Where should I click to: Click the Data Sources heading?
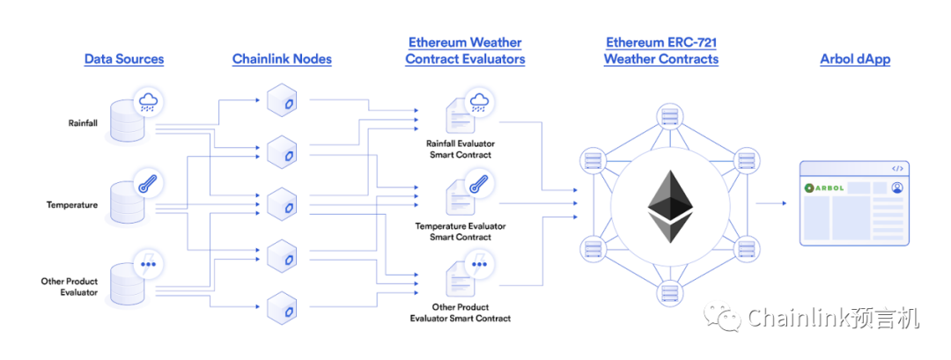pos(124,59)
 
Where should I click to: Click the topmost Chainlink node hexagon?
pos(282,99)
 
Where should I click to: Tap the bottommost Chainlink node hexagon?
pos(282,306)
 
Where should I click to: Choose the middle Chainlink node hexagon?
pos(282,202)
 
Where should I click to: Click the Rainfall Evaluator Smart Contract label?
pos(460,149)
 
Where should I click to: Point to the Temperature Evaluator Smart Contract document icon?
pos(460,196)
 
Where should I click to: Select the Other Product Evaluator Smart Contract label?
pos(460,312)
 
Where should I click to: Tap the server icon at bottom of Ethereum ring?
pos(670,290)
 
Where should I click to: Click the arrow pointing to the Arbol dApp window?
pos(771,203)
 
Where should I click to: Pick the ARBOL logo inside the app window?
pos(824,187)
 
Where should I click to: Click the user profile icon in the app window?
pos(896,187)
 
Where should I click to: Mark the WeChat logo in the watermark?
pos(728,319)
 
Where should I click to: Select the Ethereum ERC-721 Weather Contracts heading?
pos(660,51)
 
